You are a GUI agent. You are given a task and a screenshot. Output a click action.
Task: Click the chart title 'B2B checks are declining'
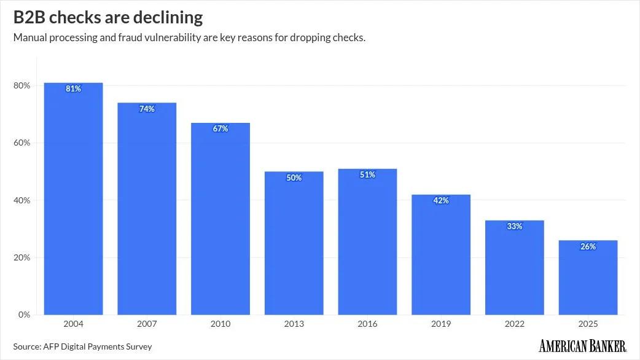[108, 17]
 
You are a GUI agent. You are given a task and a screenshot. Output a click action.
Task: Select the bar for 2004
[73, 203]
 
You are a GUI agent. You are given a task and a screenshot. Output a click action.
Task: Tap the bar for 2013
[294, 246]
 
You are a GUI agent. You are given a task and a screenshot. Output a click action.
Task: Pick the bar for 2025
[588, 280]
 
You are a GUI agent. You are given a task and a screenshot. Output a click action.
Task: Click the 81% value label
[73, 89]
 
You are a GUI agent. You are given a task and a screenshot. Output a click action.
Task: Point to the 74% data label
[147, 109]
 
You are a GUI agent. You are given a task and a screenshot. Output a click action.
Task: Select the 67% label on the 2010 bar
[220, 129]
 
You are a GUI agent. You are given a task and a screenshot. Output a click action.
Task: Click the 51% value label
[367, 175]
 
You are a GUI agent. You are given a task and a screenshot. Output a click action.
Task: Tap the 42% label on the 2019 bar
[441, 201]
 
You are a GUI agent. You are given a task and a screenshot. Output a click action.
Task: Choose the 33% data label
[514, 227]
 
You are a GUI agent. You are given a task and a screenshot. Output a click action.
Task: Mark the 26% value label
[588, 247]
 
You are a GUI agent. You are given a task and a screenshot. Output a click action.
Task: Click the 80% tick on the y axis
[21, 85]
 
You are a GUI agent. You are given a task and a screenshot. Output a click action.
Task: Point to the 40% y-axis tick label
[21, 200]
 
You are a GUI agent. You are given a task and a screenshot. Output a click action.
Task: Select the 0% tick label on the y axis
[23, 315]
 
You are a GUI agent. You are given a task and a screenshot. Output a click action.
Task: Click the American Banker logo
[582, 346]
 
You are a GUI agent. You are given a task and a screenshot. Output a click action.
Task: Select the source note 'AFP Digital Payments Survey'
[98, 346]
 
